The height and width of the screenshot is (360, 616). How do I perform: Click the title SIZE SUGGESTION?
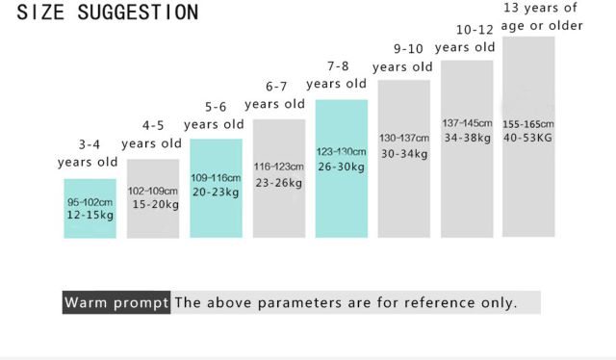click(108, 13)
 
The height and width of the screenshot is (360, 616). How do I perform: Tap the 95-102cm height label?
click(90, 202)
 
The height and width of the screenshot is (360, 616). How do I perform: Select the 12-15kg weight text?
click(90, 215)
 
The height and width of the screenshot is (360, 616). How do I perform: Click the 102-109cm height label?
click(153, 191)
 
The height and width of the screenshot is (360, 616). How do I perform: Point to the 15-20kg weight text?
click(156, 204)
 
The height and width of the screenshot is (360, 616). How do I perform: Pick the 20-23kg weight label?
click(216, 192)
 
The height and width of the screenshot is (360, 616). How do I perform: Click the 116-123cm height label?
click(278, 167)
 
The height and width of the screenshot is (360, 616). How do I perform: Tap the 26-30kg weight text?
click(342, 167)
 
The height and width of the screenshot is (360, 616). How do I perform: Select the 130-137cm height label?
click(404, 139)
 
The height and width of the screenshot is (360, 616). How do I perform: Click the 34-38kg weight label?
click(468, 138)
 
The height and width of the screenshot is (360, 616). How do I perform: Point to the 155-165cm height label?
click(528, 124)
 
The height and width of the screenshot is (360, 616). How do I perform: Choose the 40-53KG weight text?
click(527, 138)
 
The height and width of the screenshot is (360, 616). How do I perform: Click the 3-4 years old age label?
click(88, 153)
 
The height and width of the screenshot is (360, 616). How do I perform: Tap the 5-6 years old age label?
click(214, 116)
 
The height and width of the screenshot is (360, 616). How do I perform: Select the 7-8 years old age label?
click(337, 75)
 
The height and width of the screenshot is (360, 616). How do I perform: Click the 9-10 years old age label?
click(402, 58)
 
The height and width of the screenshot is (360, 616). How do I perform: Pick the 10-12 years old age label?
click(465, 39)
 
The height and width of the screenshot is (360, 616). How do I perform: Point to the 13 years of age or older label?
click(542, 16)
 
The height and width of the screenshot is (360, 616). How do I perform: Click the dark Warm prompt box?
click(116, 302)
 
